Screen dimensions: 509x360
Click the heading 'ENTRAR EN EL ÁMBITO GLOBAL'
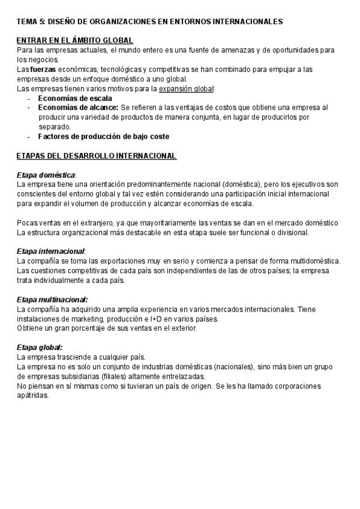[x=75, y=40]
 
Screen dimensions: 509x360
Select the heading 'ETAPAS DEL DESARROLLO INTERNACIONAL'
[x=96, y=156]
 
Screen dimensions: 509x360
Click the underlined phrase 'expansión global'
[x=186, y=88]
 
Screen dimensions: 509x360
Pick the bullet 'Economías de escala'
[x=75, y=98]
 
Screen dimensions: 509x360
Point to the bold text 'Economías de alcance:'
[x=78, y=107]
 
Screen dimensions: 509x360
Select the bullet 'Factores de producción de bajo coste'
[x=103, y=136]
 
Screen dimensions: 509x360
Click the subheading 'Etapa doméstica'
[x=46, y=175]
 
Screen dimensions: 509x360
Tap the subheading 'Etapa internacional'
[x=50, y=251]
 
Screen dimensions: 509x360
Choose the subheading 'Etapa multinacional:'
[x=52, y=299]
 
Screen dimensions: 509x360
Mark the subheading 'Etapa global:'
[x=39, y=347]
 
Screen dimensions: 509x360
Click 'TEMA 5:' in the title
[x=30, y=21]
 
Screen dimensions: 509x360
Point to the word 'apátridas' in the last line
[x=32, y=396]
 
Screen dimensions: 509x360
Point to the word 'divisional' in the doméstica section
[x=291, y=232]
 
